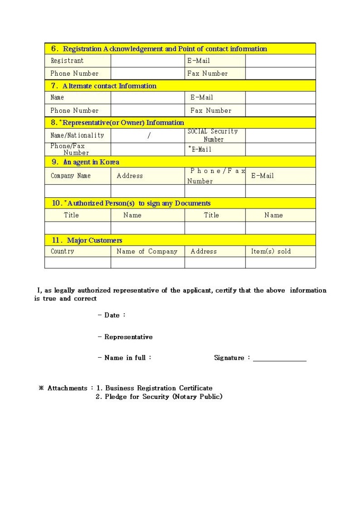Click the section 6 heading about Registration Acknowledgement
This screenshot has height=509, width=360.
coord(159,49)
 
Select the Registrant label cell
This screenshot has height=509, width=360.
coord(67,61)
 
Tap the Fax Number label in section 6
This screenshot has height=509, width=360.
coord(208,74)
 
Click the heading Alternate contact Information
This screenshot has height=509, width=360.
coord(104,86)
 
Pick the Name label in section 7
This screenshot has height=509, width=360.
coord(57,97)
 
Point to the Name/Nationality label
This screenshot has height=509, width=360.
coord(77,135)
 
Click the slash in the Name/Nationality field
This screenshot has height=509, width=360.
coord(149,135)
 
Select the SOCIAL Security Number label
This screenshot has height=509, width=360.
coord(213,135)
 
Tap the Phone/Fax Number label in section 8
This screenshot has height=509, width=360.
coord(69,149)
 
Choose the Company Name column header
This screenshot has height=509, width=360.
coord(70,176)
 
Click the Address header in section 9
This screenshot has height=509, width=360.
coord(130,176)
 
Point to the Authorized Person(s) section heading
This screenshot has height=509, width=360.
coord(131,203)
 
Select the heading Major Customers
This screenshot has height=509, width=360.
coord(87,240)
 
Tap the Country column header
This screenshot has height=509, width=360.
coord(62,251)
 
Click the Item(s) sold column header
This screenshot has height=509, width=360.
coord(271,251)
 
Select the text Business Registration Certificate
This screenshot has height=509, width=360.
coord(159,388)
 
